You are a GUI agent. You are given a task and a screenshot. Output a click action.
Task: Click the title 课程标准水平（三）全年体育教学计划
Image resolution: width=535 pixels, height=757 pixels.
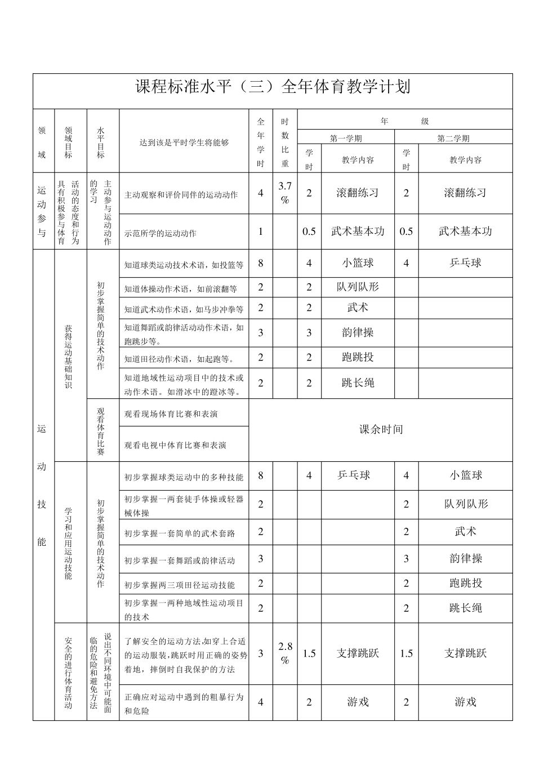click(273, 87)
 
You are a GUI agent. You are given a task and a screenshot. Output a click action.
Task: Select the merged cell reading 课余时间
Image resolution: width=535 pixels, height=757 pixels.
click(381, 429)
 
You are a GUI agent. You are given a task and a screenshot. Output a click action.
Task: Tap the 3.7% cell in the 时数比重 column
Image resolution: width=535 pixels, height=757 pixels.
click(285, 193)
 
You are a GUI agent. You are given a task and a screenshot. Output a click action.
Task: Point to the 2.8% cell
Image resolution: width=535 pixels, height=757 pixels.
click(285, 653)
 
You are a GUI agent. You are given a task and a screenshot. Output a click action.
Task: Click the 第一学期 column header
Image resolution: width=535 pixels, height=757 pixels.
click(346, 138)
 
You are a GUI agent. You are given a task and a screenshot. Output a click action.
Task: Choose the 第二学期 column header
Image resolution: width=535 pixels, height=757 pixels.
click(453, 138)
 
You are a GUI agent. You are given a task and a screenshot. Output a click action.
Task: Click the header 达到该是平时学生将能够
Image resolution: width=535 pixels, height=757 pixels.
click(184, 143)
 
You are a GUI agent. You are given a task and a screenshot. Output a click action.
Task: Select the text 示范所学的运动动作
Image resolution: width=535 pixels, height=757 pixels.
click(160, 232)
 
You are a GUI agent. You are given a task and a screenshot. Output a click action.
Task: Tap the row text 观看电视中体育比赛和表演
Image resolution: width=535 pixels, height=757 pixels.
click(175, 445)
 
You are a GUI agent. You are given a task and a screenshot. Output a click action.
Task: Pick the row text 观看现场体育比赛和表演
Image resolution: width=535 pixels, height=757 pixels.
click(171, 414)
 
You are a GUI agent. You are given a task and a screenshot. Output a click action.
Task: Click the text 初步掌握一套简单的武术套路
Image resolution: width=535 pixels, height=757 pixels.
click(180, 533)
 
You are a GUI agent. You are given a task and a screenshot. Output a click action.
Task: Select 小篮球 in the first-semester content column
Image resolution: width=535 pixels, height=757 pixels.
click(358, 263)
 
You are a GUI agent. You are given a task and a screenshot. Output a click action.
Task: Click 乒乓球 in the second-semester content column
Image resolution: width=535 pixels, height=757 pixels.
click(465, 263)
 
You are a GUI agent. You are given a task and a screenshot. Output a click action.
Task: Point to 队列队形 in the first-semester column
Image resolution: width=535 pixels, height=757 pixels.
click(358, 287)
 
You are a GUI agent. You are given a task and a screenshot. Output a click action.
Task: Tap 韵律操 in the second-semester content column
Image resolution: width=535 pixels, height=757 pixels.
click(465, 559)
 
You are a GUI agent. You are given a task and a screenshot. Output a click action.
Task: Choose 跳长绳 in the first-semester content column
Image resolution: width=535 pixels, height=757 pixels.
click(358, 383)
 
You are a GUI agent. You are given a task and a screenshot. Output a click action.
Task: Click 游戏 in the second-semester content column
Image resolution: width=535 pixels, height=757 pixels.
click(465, 702)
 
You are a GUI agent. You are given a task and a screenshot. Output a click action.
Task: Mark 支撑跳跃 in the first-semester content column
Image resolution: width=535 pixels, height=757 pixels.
click(358, 653)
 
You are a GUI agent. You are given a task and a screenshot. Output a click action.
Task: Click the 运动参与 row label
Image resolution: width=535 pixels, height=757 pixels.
click(42, 211)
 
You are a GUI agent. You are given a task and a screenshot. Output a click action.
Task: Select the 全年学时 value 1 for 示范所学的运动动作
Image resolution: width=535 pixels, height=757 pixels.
click(260, 231)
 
